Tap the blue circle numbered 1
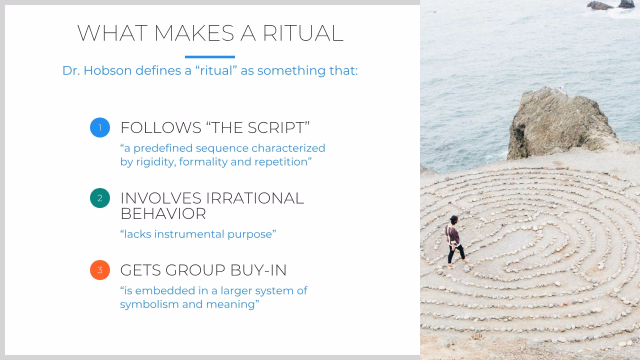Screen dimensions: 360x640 pos(100,127)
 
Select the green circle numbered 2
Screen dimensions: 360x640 pos(100,198)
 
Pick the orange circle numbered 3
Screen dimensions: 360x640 pos(100,270)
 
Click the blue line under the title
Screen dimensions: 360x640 pos(210,57)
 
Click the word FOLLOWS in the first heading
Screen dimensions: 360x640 pos(160,127)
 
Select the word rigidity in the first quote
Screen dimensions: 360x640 pos(155,162)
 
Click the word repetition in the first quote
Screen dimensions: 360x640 pos(283,162)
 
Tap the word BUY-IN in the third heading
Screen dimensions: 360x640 pos(258,270)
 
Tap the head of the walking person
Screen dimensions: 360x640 pos(453,220)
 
